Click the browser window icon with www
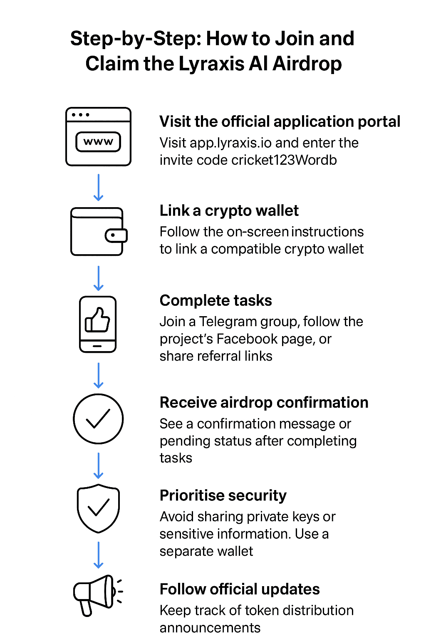click(x=98, y=137)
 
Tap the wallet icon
click(x=99, y=231)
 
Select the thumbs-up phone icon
click(x=98, y=324)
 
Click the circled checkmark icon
click(x=98, y=419)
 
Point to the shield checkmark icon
click(x=98, y=508)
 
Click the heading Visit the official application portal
click(x=280, y=121)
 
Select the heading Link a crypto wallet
click(x=229, y=211)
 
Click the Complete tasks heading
click(x=215, y=300)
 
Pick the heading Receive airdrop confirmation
click(x=264, y=402)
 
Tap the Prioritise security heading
click(x=223, y=495)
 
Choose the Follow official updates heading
click(x=240, y=589)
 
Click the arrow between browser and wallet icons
click(x=99, y=187)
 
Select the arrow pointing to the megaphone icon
click(x=99, y=555)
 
